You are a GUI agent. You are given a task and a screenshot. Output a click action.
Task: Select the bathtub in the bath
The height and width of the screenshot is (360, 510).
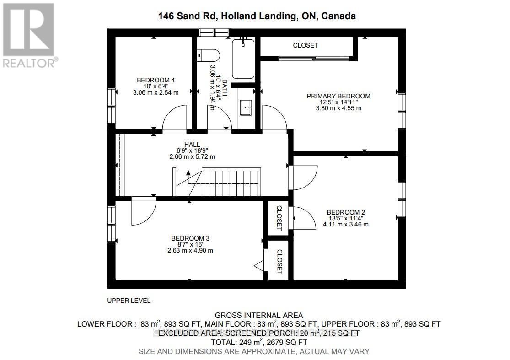tap(243, 59)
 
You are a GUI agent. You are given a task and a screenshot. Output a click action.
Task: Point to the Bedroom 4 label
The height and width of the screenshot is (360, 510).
tap(156, 81)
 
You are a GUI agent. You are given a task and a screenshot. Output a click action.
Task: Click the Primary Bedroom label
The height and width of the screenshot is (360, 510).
tap(338, 96)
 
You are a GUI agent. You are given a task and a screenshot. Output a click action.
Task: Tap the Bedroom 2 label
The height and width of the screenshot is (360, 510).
tap(346, 212)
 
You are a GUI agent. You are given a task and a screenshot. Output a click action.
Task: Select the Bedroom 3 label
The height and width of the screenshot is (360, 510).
tap(190, 238)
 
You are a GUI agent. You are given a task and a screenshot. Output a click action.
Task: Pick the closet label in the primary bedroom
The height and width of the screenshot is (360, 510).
tap(306, 45)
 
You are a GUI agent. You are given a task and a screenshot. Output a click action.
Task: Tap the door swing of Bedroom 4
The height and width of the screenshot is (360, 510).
tap(174, 118)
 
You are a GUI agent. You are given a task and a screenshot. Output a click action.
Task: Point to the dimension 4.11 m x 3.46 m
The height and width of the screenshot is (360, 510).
tap(346, 224)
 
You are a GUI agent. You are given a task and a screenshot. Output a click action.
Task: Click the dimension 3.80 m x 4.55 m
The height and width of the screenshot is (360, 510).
tap(338, 108)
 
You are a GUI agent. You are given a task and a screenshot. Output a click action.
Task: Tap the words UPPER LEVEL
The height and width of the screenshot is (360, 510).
tap(129, 301)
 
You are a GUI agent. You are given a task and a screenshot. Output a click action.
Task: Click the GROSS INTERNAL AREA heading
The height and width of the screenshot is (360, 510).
tap(259, 315)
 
